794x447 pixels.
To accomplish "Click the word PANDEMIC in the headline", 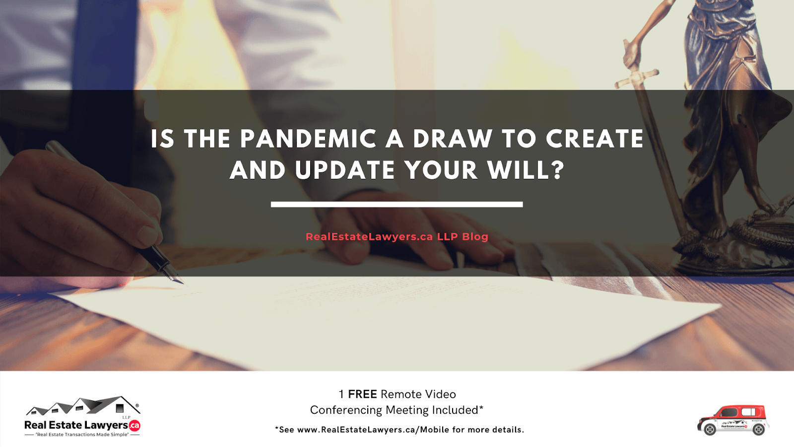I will point(308,139).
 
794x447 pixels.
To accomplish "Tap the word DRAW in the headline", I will point(452,139).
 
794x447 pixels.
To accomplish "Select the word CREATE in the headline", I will point(595,139).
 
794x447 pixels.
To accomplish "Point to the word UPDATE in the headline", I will point(345,170).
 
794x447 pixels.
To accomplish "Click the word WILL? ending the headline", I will point(526,170).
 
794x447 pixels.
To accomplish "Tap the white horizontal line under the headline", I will point(397,204).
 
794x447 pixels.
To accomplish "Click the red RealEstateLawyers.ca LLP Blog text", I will point(397,237).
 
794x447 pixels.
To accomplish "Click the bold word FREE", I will point(362,394).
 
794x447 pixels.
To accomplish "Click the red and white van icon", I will point(733,420).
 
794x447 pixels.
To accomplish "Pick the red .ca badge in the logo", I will point(134,426).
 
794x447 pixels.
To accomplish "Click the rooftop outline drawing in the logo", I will point(83,406).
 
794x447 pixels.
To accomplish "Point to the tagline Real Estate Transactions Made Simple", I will point(82,435).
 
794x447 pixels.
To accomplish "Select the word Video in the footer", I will point(440,394).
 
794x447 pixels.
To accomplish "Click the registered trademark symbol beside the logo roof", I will point(137,405).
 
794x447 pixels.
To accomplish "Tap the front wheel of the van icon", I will point(710,430).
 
